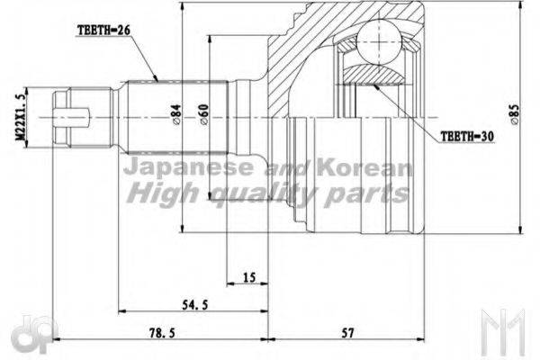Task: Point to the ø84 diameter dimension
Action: [177, 112]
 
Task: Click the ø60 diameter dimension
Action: [205, 112]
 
